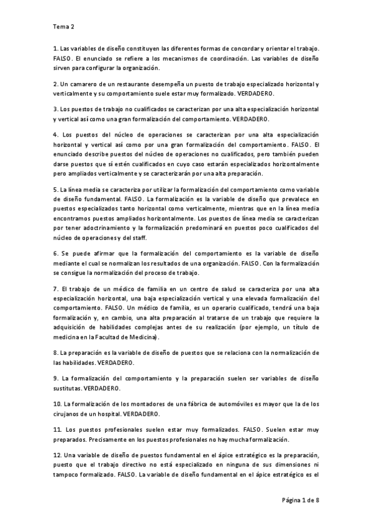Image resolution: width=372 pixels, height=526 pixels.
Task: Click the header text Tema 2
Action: point(64,27)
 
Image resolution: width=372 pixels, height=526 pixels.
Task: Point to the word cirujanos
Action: point(69,414)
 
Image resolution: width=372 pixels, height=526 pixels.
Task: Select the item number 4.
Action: point(55,135)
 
